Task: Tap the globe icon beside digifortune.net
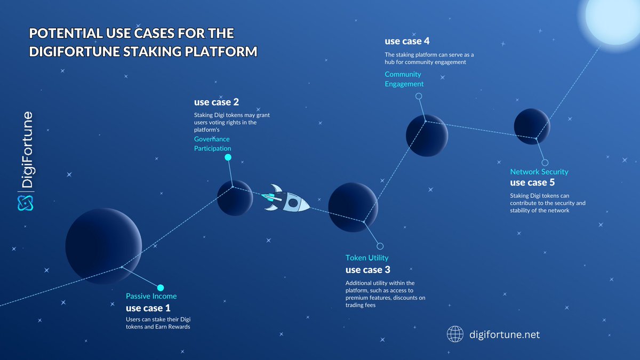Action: click(x=455, y=334)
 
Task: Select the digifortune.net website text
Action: click(x=505, y=335)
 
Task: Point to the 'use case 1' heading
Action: click(x=148, y=308)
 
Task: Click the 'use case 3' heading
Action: click(x=368, y=270)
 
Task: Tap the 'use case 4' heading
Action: click(x=407, y=41)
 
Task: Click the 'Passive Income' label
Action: click(x=151, y=296)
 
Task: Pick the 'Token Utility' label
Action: click(x=367, y=258)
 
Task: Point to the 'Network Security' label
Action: click(x=539, y=172)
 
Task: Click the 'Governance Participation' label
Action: click(x=212, y=143)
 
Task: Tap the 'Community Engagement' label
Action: click(x=404, y=79)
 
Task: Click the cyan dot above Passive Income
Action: click(x=161, y=287)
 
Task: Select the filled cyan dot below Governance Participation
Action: click(x=228, y=157)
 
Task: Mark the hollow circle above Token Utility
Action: click(x=380, y=246)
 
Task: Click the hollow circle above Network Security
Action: click(x=545, y=163)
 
